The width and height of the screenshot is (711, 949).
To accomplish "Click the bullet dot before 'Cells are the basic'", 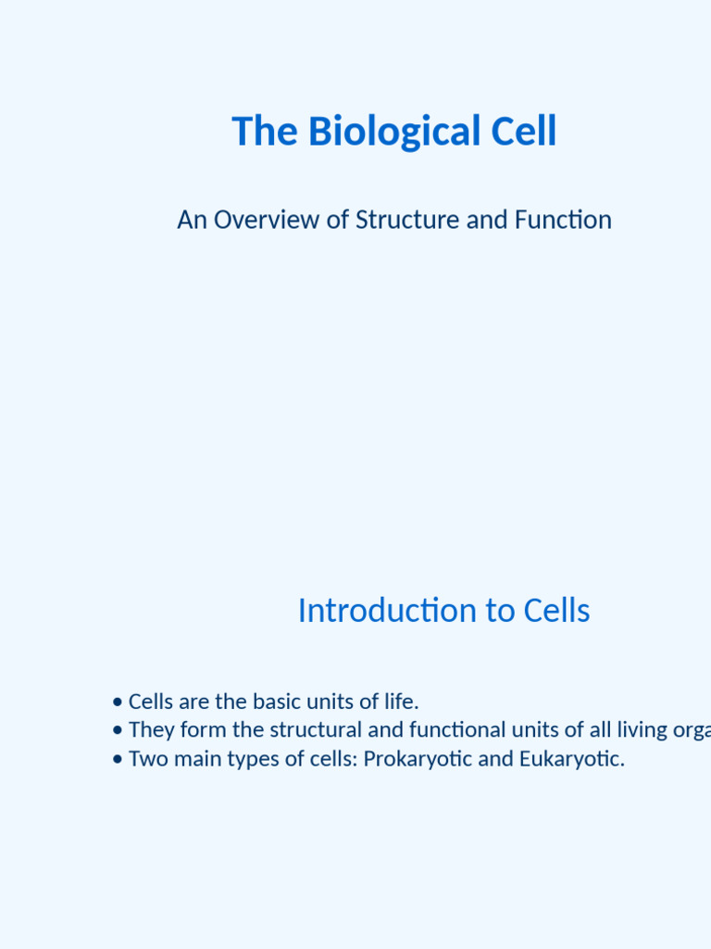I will (x=117, y=702).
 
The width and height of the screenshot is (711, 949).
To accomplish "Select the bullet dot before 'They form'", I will (x=117, y=731).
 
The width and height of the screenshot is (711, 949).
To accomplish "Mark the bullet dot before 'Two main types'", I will (x=117, y=760).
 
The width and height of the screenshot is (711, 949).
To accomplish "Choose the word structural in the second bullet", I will (x=317, y=730).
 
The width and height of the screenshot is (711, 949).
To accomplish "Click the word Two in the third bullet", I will (x=146, y=760).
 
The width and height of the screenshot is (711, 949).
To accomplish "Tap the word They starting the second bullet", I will (x=150, y=730).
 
